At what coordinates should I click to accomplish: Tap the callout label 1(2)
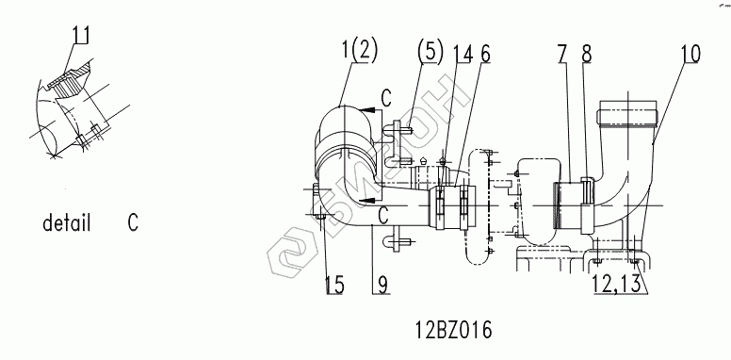pos(360,50)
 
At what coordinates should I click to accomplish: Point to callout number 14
pos(462,54)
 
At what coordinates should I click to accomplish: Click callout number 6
pos(485,54)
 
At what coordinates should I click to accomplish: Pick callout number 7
pos(563,54)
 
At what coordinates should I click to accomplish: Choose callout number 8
pos(586,54)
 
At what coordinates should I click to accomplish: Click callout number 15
pos(334,285)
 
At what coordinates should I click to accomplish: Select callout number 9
pos(382,285)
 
